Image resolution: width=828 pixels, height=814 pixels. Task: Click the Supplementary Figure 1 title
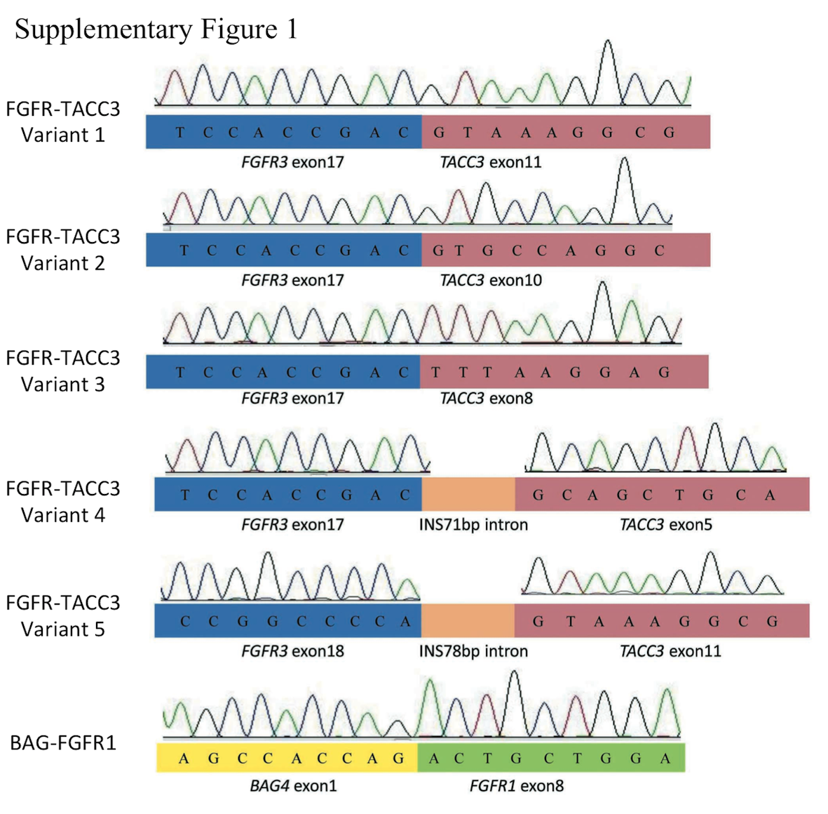(x=156, y=29)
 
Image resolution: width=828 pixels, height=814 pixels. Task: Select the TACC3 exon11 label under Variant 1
(x=491, y=163)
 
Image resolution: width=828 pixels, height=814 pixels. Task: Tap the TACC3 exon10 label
(x=491, y=281)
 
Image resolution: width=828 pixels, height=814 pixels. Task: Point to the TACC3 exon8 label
(x=486, y=399)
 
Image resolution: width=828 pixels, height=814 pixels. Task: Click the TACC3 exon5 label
(x=665, y=525)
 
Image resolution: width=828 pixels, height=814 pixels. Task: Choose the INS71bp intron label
(x=473, y=525)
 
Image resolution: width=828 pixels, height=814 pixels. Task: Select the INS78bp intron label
(x=473, y=651)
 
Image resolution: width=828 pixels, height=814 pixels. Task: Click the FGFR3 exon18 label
(x=292, y=651)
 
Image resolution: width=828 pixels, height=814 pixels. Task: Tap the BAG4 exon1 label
(x=293, y=786)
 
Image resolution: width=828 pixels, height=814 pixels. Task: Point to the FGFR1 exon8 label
(x=516, y=786)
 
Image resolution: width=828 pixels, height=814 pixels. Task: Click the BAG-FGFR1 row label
(x=63, y=742)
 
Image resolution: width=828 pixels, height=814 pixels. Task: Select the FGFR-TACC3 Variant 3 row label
(x=63, y=371)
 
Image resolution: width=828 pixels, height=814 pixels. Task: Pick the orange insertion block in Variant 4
(x=468, y=494)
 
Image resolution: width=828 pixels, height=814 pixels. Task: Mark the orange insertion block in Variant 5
(x=468, y=620)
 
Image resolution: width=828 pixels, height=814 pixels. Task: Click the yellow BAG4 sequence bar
(x=287, y=758)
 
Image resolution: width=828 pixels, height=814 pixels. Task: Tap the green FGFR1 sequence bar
(x=551, y=758)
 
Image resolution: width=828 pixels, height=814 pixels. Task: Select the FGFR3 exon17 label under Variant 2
(x=292, y=281)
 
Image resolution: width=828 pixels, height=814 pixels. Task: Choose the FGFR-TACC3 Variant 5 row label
(x=63, y=616)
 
